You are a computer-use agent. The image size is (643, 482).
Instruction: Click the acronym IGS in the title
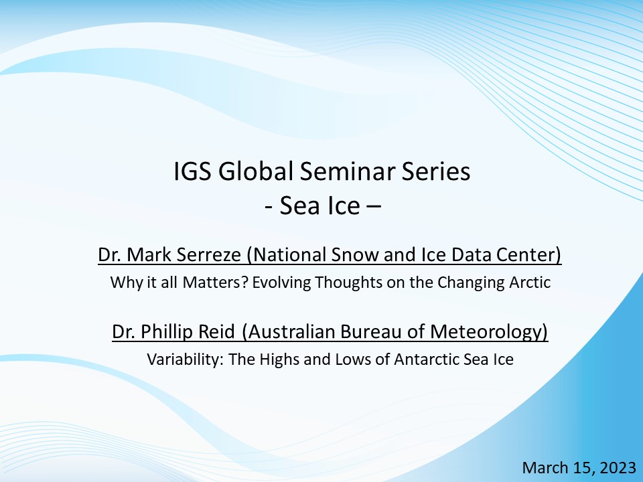pos(192,171)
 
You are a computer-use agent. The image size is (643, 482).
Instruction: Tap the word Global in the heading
pos(255,171)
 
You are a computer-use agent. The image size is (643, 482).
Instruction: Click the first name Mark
pos(149,254)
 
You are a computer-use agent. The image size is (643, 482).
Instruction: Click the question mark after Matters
pos(245,283)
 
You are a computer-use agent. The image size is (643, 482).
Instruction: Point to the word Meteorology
pos(485,331)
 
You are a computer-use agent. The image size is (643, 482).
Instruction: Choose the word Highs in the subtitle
pos(280,359)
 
